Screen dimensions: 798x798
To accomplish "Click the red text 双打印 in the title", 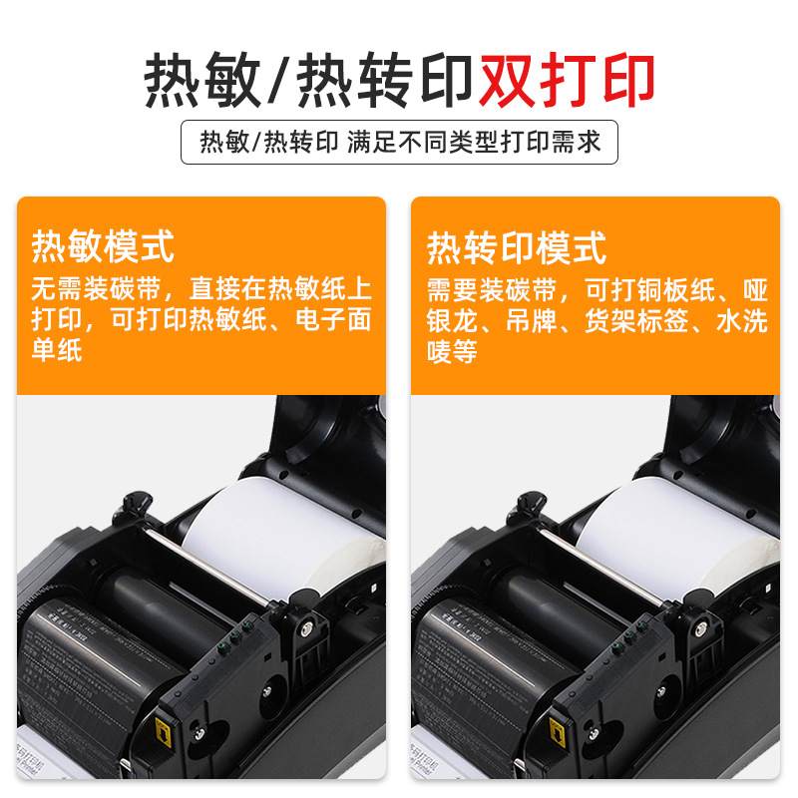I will point(567,79).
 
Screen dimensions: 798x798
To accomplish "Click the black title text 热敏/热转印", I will point(309,79).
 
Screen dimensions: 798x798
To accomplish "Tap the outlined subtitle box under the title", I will point(399,142).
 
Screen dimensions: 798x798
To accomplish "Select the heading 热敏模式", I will point(103,245).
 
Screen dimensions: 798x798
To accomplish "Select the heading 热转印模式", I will point(517,245).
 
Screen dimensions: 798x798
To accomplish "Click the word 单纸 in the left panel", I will point(58,350).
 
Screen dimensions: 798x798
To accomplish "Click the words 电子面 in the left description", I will point(335,320).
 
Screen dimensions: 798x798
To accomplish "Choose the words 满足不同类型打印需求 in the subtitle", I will point(475,142).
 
